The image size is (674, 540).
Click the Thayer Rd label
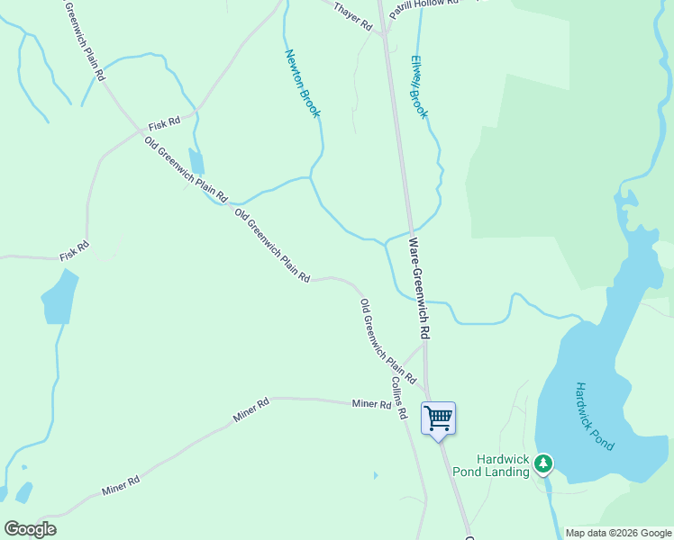[x=353, y=17]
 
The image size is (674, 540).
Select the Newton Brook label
[x=303, y=83]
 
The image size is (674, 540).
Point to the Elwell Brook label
[x=419, y=89]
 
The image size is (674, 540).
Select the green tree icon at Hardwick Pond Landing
[x=543, y=463]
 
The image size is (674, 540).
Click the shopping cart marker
[x=439, y=418]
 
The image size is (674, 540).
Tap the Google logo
[x=30, y=529]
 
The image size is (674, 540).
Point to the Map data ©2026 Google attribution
[x=617, y=533]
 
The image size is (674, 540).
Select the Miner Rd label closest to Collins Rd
[x=372, y=404]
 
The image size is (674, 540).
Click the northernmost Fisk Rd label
[x=165, y=122]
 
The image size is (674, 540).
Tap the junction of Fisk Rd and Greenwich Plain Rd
[x=141, y=131]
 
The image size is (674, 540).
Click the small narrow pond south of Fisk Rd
[x=196, y=160]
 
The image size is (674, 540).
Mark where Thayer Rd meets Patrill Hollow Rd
[x=383, y=34]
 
